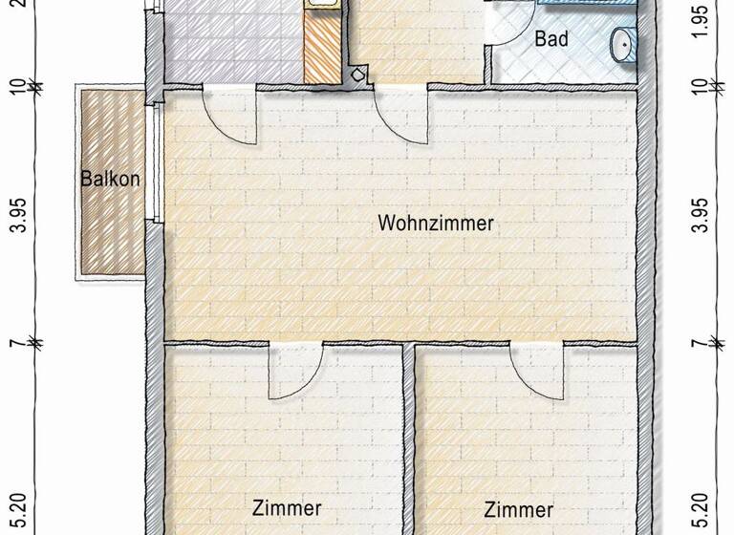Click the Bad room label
click(x=551, y=40)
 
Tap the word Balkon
click(x=111, y=178)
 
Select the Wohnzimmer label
click(x=435, y=224)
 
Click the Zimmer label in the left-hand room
click(x=287, y=508)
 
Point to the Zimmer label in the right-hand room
click(x=518, y=509)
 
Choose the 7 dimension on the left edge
click(x=16, y=341)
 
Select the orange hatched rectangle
click(x=321, y=45)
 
